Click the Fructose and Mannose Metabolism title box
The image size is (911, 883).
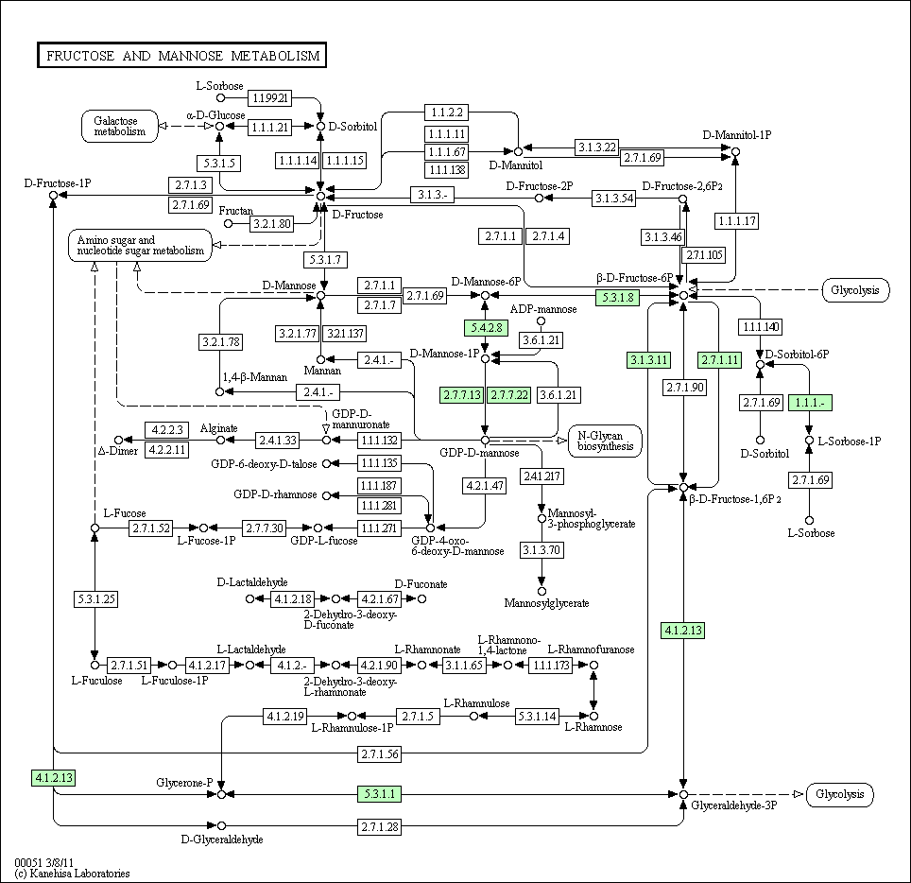click(x=181, y=55)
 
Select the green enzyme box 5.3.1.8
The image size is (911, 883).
click(x=618, y=298)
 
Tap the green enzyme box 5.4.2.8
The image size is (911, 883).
click(x=487, y=328)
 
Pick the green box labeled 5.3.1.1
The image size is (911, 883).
click(x=379, y=793)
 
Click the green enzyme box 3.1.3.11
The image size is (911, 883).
click(x=649, y=360)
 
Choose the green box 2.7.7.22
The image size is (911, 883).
click(x=509, y=395)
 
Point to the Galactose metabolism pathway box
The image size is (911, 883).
click(x=120, y=126)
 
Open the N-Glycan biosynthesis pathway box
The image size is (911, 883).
click(x=606, y=441)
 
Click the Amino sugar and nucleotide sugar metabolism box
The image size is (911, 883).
click(x=141, y=245)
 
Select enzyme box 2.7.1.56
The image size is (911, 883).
click(x=380, y=753)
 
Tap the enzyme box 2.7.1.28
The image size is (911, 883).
click(x=380, y=826)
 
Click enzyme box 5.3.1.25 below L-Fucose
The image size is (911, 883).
click(x=96, y=598)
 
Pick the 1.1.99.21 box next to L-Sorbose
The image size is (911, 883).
click(x=270, y=97)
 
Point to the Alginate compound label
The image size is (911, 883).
click(x=219, y=428)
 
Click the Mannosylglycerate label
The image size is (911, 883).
click(x=547, y=603)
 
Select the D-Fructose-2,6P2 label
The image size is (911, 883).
click(x=682, y=186)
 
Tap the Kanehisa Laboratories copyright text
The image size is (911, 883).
click(x=73, y=874)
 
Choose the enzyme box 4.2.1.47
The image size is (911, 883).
click(x=485, y=485)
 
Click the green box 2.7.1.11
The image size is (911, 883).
click(x=720, y=360)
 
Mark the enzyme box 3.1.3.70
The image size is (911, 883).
click(x=541, y=550)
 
